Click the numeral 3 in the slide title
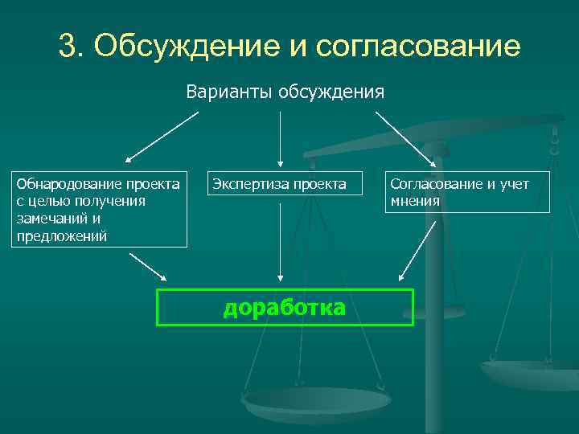coord(67,46)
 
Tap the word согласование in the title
coord(418,46)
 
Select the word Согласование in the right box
coord(435,184)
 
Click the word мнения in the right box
coord(415,201)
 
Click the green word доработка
coord(284,308)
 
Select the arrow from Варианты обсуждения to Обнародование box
coord(161,137)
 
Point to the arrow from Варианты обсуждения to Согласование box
coord(405,137)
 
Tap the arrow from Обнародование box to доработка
coord(148,268)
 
